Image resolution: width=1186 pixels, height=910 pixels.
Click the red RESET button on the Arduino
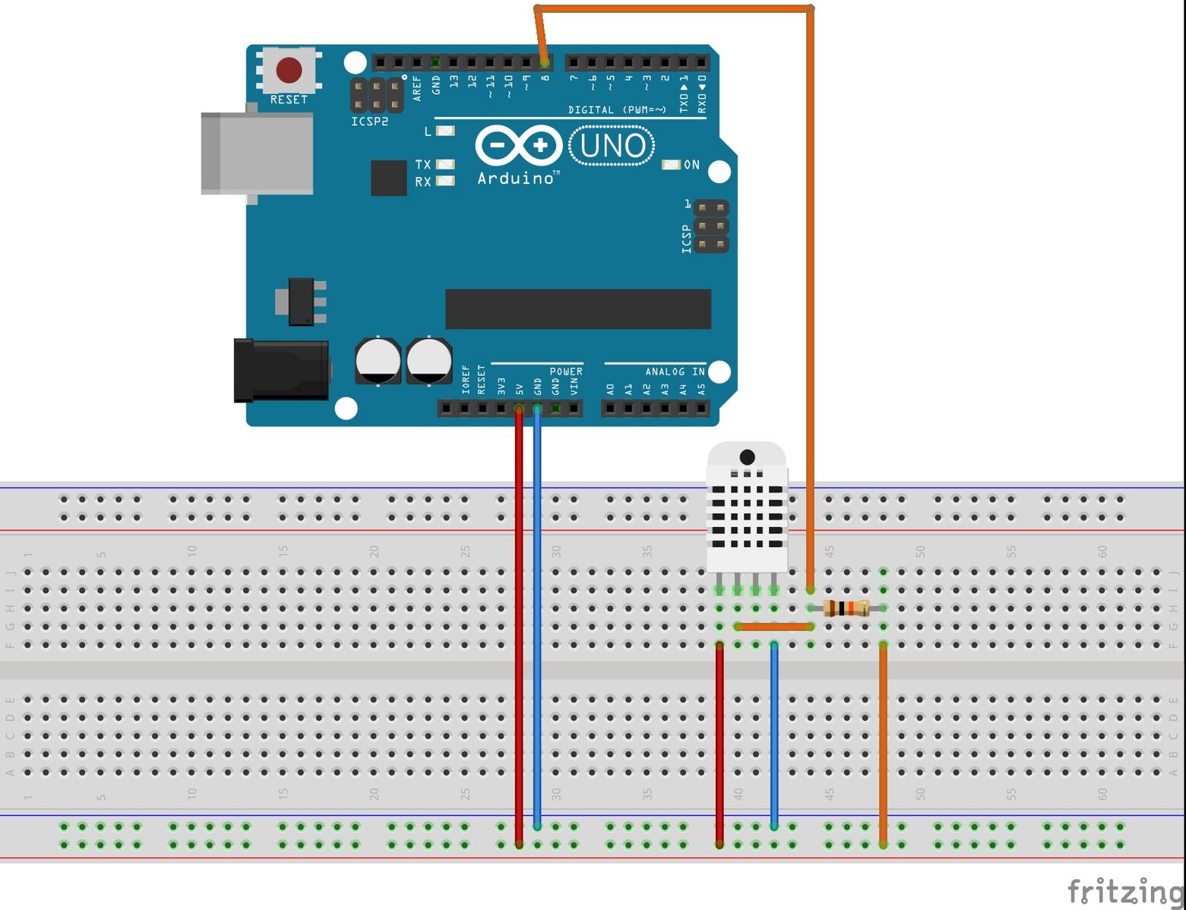tap(289, 70)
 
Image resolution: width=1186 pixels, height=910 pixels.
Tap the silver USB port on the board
tap(257, 154)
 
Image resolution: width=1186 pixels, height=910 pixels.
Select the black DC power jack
tap(281, 371)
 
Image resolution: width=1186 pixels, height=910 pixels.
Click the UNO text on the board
tap(612, 146)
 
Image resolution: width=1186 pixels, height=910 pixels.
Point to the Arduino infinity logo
tap(518, 145)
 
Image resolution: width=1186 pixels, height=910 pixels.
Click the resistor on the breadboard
tap(846, 608)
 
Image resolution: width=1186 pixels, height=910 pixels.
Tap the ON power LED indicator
tap(672, 165)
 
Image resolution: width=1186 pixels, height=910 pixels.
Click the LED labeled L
tap(445, 131)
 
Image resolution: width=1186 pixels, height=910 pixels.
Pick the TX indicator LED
tap(445, 164)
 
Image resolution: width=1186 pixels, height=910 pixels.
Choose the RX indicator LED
tap(445, 181)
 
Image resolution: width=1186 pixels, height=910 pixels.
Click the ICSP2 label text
tap(370, 122)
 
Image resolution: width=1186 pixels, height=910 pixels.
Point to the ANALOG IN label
tap(675, 371)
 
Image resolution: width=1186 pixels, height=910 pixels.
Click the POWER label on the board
tap(566, 371)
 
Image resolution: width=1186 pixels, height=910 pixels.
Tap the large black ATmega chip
tap(577, 309)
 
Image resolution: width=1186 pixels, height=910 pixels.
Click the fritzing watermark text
tap(1125, 890)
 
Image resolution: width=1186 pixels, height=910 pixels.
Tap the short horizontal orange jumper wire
tap(774, 627)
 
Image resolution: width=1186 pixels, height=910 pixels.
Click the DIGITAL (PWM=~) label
tap(617, 110)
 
